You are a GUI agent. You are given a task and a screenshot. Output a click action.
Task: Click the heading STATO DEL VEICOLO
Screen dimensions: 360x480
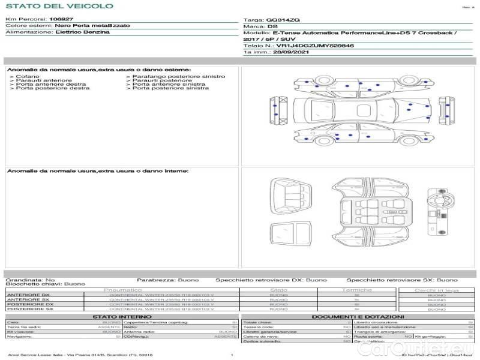click(x=59, y=6)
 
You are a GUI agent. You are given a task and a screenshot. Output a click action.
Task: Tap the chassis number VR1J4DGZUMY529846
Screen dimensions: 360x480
click(x=314, y=45)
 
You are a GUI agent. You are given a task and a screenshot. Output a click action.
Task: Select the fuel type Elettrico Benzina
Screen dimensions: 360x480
click(x=82, y=32)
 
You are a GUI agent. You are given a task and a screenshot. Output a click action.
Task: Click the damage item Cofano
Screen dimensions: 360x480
click(x=28, y=77)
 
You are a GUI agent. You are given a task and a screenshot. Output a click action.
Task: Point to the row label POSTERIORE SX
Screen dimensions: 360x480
click(x=29, y=309)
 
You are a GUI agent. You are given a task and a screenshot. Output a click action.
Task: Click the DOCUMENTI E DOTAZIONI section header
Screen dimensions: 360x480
click(x=358, y=316)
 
